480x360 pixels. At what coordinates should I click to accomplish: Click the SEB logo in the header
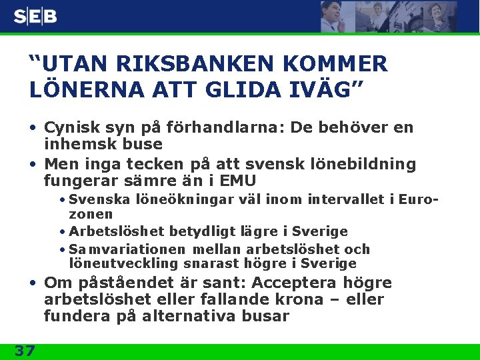[35, 17]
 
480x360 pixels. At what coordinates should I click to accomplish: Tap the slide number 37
[25, 351]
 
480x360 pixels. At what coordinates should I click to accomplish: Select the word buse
[143, 144]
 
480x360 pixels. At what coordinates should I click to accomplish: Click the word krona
[314, 300]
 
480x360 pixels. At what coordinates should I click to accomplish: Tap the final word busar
[265, 317]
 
